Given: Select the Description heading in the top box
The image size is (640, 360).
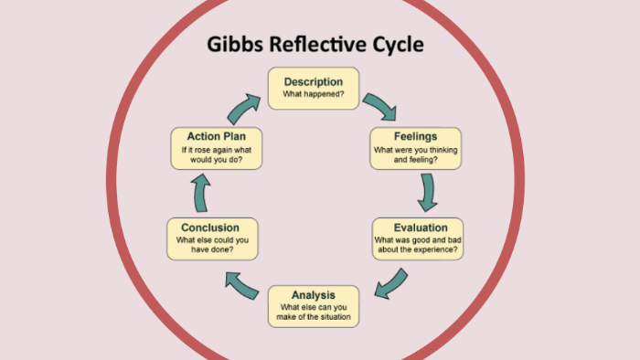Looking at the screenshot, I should tap(313, 81).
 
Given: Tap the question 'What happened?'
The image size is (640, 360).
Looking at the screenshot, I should tap(313, 94).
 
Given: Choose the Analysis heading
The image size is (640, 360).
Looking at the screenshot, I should tap(313, 295).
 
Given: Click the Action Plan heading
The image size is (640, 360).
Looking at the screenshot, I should tap(217, 136).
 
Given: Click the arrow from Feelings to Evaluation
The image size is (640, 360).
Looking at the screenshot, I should tap(427, 193).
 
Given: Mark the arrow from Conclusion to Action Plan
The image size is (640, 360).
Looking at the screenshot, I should tap(201, 192).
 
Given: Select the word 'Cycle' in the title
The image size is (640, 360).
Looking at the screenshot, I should tap(394, 45).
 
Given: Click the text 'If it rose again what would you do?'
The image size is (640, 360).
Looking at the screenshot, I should tap(217, 155).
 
